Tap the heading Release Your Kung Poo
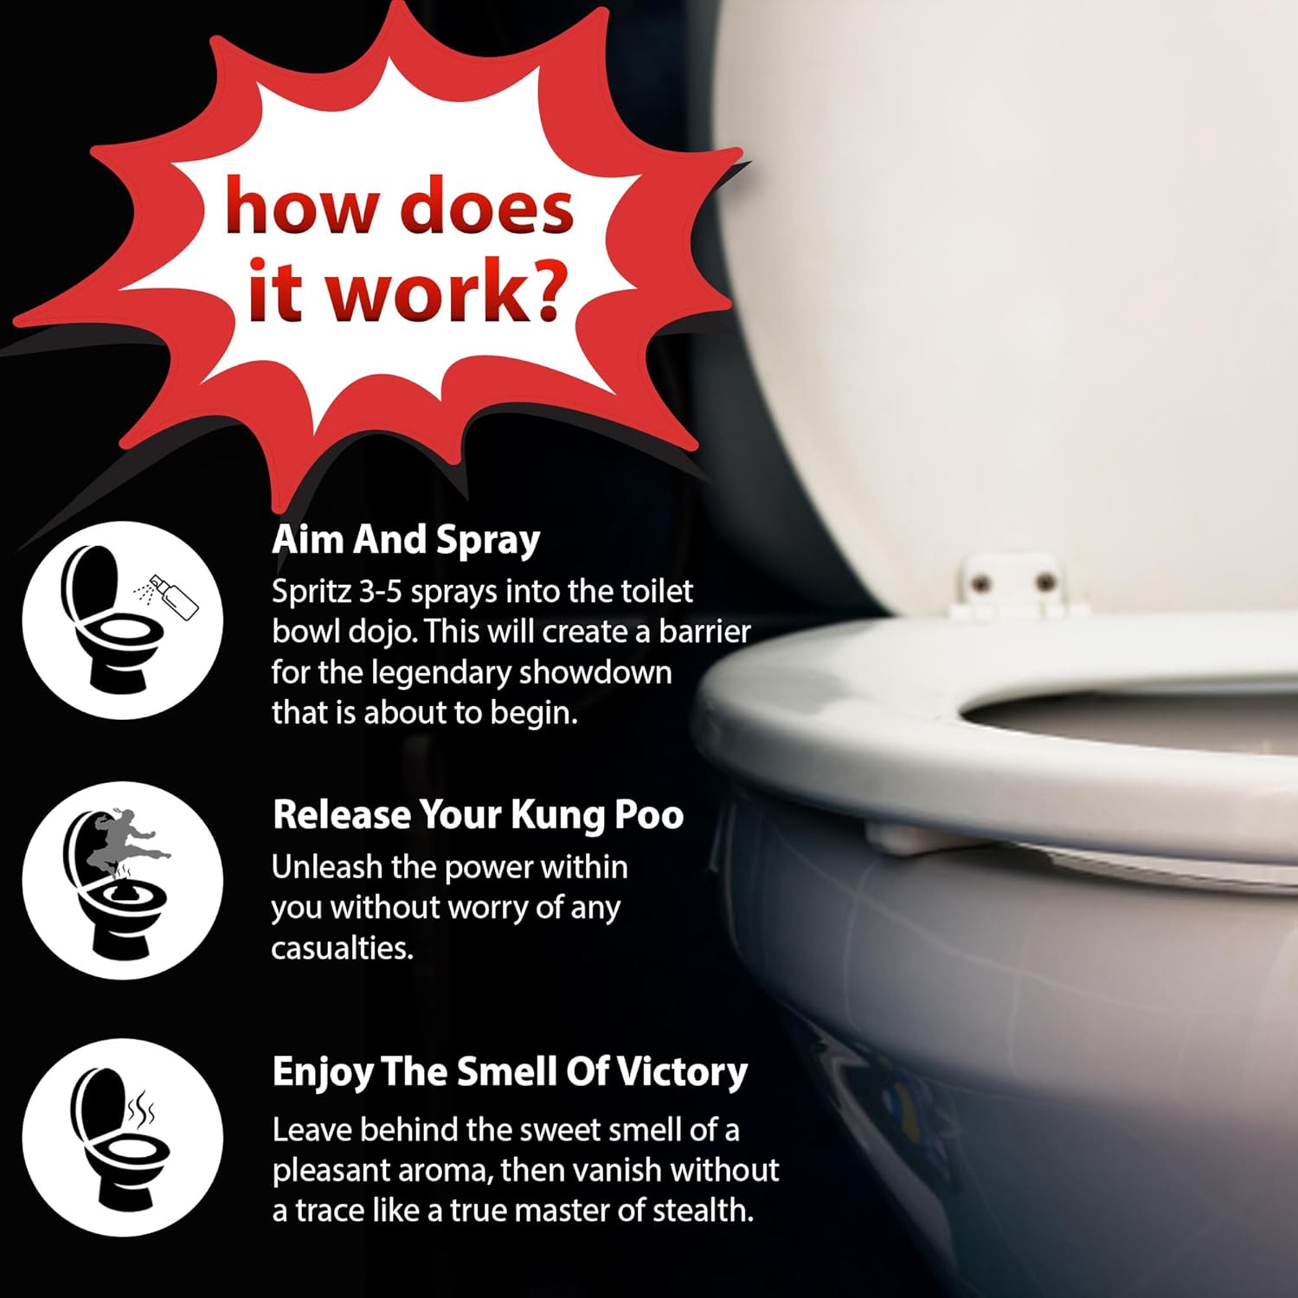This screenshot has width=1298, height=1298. click(x=478, y=816)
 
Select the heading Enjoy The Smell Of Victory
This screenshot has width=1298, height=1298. click(x=510, y=1073)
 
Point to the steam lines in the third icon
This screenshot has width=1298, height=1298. click(x=141, y=1107)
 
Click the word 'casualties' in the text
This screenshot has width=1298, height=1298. click(x=342, y=948)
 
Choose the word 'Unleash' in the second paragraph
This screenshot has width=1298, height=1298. click(x=327, y=867)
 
